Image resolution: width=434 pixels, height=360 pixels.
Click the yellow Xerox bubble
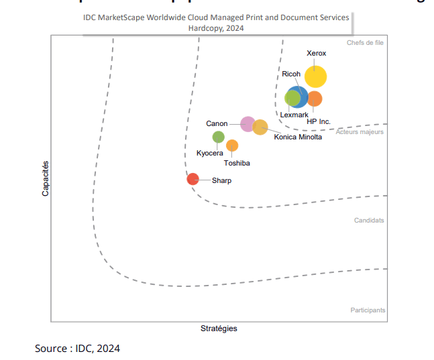315,77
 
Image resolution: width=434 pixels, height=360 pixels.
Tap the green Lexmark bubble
292,98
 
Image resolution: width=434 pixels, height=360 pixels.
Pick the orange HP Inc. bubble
315,99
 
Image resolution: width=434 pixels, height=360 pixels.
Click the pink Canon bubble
248,124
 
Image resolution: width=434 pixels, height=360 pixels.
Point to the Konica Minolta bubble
260,127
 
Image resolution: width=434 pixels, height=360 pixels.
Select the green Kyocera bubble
218,137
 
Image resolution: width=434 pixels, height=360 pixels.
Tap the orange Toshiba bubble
232,145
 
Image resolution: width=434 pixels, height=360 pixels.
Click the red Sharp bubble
193,178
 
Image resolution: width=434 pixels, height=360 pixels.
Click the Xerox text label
316,53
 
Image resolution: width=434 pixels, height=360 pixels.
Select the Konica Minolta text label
298,137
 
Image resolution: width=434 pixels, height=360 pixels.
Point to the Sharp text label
221,180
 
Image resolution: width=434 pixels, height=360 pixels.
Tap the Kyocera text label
210,154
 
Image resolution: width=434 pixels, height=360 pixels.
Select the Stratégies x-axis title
219,328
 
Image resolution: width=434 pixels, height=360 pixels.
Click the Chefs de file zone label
365,43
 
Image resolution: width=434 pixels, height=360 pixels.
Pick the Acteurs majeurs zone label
360,132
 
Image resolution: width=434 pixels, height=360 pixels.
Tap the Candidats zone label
369,220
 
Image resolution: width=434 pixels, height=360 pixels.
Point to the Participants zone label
368,310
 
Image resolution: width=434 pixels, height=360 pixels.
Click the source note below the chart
77,349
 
